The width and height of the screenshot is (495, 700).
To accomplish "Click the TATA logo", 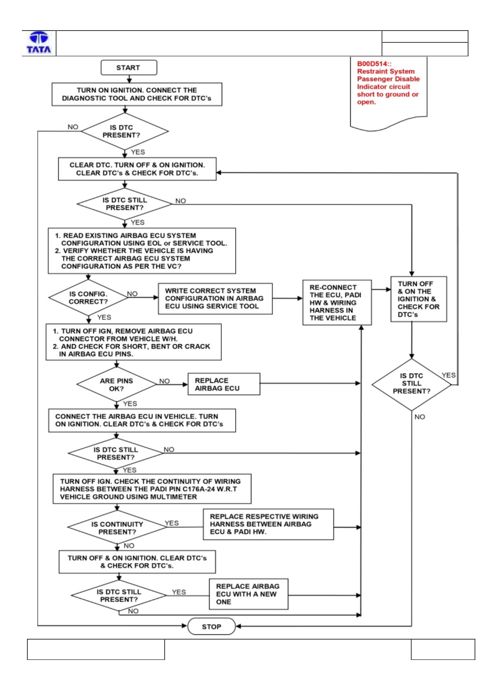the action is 39,43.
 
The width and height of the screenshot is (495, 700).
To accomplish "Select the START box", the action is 129,67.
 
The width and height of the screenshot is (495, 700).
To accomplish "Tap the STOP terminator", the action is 211,626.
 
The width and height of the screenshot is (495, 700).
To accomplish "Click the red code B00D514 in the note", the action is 373,64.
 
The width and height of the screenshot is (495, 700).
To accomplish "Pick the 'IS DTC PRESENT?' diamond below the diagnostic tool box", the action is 124,131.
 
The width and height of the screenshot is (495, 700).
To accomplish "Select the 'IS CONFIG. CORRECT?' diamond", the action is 88,297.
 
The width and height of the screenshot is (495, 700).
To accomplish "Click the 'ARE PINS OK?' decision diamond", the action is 117,384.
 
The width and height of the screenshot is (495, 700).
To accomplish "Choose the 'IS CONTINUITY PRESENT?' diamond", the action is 117,527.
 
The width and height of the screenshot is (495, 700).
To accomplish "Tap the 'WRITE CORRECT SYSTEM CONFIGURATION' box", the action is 215,298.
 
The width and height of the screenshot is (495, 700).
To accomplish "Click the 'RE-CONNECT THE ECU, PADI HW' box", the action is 337,302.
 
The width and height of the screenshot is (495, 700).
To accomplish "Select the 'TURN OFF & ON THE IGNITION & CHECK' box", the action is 418,299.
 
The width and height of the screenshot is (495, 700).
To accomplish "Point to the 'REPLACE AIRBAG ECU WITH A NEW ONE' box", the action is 249,594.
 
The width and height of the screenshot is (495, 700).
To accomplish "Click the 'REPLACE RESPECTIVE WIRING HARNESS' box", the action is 268,524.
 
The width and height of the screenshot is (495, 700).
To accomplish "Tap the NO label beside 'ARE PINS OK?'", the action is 165,381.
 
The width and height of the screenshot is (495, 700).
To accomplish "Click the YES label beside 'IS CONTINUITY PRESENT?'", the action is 172,523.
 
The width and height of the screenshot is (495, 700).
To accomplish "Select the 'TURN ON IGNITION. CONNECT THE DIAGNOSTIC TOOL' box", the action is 137,94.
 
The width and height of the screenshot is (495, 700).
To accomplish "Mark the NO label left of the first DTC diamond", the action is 73,127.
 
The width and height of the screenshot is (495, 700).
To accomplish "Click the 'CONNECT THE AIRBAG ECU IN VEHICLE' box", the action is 142,420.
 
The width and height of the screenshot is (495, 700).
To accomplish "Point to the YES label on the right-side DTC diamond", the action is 448,375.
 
